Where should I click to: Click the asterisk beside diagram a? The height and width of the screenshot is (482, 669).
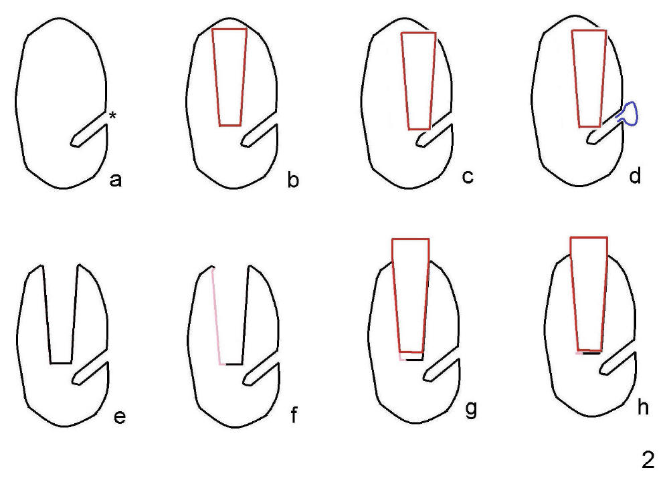pos(112,115)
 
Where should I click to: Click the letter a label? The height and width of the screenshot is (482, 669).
pos(116,180)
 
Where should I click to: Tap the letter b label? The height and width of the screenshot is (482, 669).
pos(293,179)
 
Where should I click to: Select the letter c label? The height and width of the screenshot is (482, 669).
pos(468,176)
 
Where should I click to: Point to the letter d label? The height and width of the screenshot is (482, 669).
pos(635,175)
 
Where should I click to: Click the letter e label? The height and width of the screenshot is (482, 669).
pos(120,416)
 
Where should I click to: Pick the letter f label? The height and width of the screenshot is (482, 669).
pos(294,414)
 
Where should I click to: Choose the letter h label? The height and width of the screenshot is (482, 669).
pos(642,407)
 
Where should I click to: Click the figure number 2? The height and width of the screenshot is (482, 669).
pos(648,460)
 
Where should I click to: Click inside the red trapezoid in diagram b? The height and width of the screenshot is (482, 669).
pos(229,78)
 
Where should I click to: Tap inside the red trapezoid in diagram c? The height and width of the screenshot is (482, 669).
pos(419,81)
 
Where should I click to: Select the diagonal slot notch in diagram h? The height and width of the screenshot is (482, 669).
pos(617,363)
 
